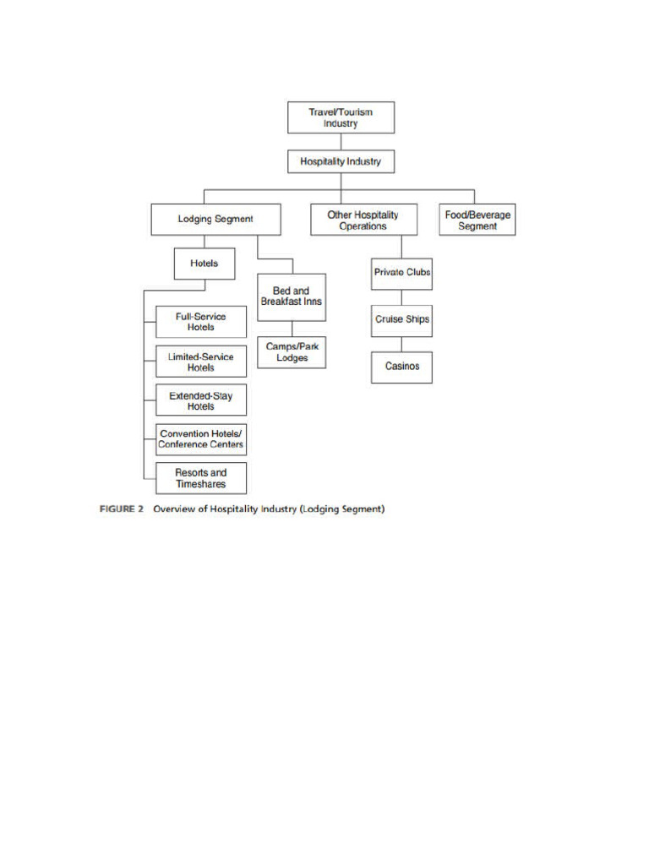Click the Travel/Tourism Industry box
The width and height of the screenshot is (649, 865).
click(x=341, y=117)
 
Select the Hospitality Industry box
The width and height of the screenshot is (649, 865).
click(x=341, y=160)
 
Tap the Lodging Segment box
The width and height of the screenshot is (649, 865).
click(x=215, y=219)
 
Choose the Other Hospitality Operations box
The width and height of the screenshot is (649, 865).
click(x=363, y=220)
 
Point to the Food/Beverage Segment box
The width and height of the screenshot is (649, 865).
click(x=477, y=220)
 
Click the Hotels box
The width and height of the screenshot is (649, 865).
click(x=204, y=263)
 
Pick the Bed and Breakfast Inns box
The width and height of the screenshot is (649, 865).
click(x=291, y=296)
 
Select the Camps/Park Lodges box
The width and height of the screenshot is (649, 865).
click(x=292, y=352)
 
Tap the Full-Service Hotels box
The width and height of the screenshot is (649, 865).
click(x=201, y=322)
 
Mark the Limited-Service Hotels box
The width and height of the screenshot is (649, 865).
click(x=201, y=362)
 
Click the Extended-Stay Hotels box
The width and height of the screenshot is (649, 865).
click(x=201, y=400)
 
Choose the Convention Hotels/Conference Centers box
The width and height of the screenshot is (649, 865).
click(x=201, y=439)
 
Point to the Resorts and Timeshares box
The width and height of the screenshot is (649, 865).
click(x=201, y=478)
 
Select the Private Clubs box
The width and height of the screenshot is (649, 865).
click(x=401, y=273)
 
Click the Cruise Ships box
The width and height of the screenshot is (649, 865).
click(x=401, y=320)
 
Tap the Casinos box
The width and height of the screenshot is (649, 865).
click(x=401, y=367)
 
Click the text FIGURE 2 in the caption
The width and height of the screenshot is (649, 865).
click(x=117, y=510)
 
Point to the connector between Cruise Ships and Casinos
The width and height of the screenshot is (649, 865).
click(x=401, y=344)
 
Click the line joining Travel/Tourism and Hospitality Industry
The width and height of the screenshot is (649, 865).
click(x=341, y=141)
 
